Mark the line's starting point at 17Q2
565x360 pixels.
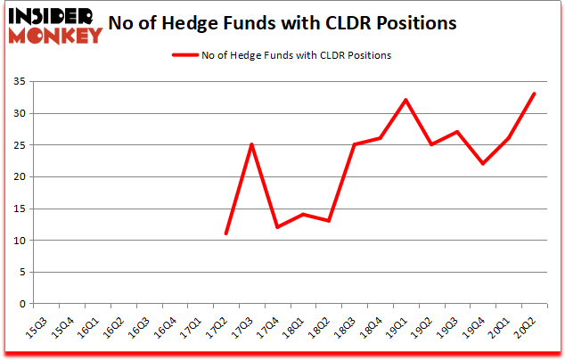point(226,233)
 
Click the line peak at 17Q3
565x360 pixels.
point(252,144)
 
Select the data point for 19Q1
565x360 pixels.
point(406,100)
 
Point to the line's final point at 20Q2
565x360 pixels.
point(535,94)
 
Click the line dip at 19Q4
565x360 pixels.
point(483,164)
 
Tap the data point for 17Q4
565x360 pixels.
point(278,227)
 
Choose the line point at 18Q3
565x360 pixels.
point(355,144)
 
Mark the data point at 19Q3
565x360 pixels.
point(457,132)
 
